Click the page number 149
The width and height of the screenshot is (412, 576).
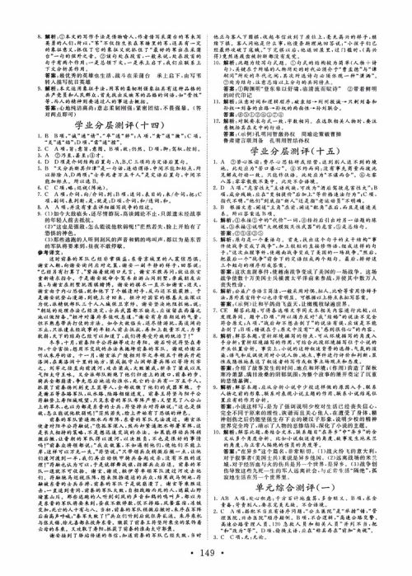(x=206, y=564)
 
